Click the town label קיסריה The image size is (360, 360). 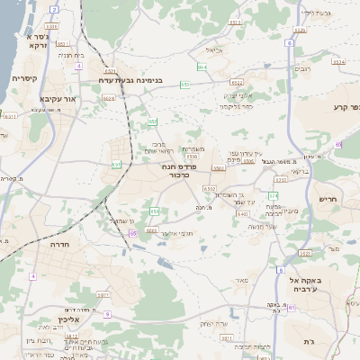[x=23, y=78]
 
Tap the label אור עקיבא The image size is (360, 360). [x=49, y=100]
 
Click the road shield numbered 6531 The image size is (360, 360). [x=235, y=22]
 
